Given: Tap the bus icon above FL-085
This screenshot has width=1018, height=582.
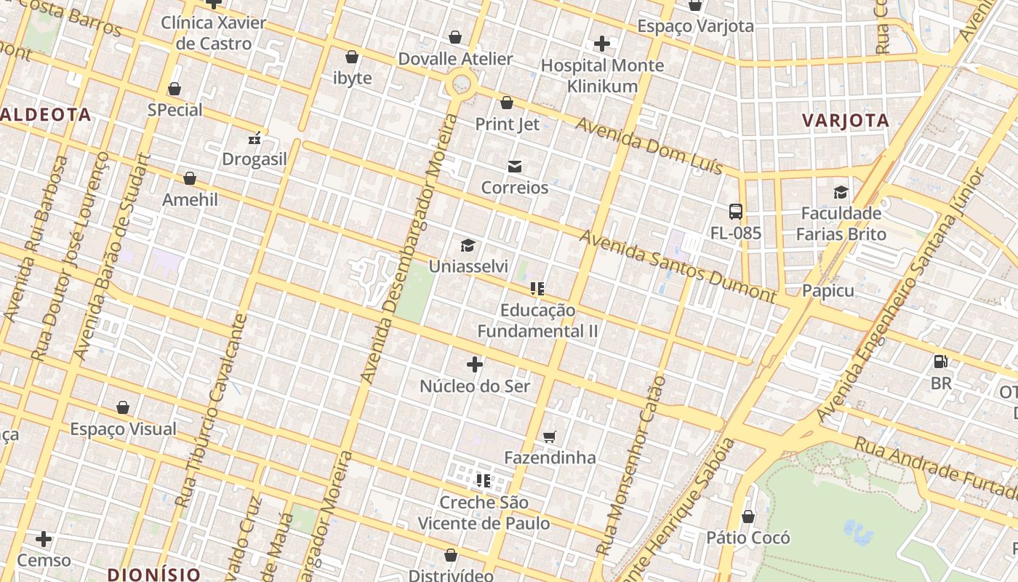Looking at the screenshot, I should tap(736, 212).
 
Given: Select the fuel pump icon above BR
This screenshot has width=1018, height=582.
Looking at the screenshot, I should tap(940, 362).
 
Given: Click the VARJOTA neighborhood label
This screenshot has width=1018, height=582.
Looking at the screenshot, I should tap(846, 121).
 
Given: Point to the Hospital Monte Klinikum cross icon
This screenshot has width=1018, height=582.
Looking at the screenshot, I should tap(602, 44).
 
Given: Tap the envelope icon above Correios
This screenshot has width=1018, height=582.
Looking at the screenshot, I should tap(515, 167).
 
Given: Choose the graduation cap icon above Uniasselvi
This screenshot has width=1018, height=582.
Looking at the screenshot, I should tap(468, 246).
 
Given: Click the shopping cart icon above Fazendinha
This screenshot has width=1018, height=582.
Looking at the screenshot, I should tap(550, 436).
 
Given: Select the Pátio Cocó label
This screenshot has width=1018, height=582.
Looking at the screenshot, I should tap(748, 538).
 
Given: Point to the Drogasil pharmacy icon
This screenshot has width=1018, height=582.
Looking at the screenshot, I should tap(254, 138).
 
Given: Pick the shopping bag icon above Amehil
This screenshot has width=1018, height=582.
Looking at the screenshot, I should tap(190, 178).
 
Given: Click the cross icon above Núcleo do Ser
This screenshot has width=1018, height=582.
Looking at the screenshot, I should tap(475, 364).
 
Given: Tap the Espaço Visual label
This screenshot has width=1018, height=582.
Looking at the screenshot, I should tap(123, 428).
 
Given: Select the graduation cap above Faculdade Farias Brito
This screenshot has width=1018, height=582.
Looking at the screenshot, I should tap(841, 193).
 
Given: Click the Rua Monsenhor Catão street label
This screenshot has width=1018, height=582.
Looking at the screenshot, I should tap(630, 466).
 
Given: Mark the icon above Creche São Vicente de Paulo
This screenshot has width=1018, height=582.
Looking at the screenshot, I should tap(484, 481).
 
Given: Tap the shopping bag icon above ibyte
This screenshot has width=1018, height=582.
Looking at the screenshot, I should tap(352, 57).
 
